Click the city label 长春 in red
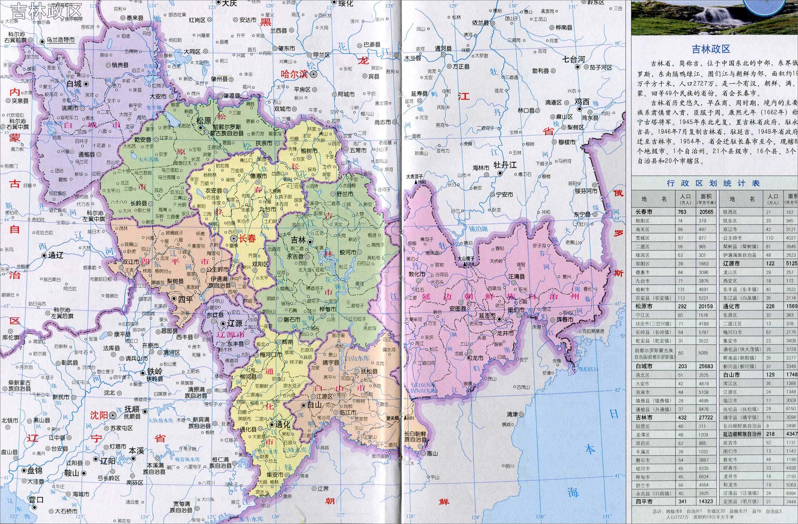point(247,238)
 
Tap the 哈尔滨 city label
point(294,74)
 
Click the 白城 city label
point(74,83)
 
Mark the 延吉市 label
point(487,316)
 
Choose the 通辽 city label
point(56,255)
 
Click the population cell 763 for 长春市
point(682,212)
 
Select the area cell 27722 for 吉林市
point(703,418)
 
